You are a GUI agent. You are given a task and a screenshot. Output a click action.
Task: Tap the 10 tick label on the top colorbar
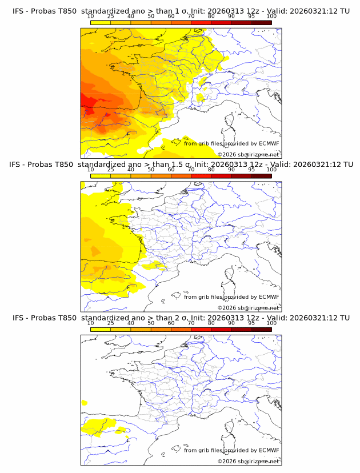point(90,16)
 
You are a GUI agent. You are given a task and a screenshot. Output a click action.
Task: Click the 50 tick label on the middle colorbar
point(151,170)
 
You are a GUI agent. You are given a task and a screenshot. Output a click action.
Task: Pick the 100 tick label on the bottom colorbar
point(271,323)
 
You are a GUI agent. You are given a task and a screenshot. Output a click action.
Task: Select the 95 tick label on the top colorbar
point(251,16)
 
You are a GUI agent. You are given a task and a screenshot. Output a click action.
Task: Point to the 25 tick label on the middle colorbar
point(110,170)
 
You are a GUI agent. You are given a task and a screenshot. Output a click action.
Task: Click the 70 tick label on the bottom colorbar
point(191,323)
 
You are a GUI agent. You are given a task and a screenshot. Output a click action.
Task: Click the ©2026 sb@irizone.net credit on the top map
point(249,154)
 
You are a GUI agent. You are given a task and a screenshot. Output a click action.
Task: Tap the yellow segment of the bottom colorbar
point(100,329)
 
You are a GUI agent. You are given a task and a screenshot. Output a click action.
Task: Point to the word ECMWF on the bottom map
point(269,450)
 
